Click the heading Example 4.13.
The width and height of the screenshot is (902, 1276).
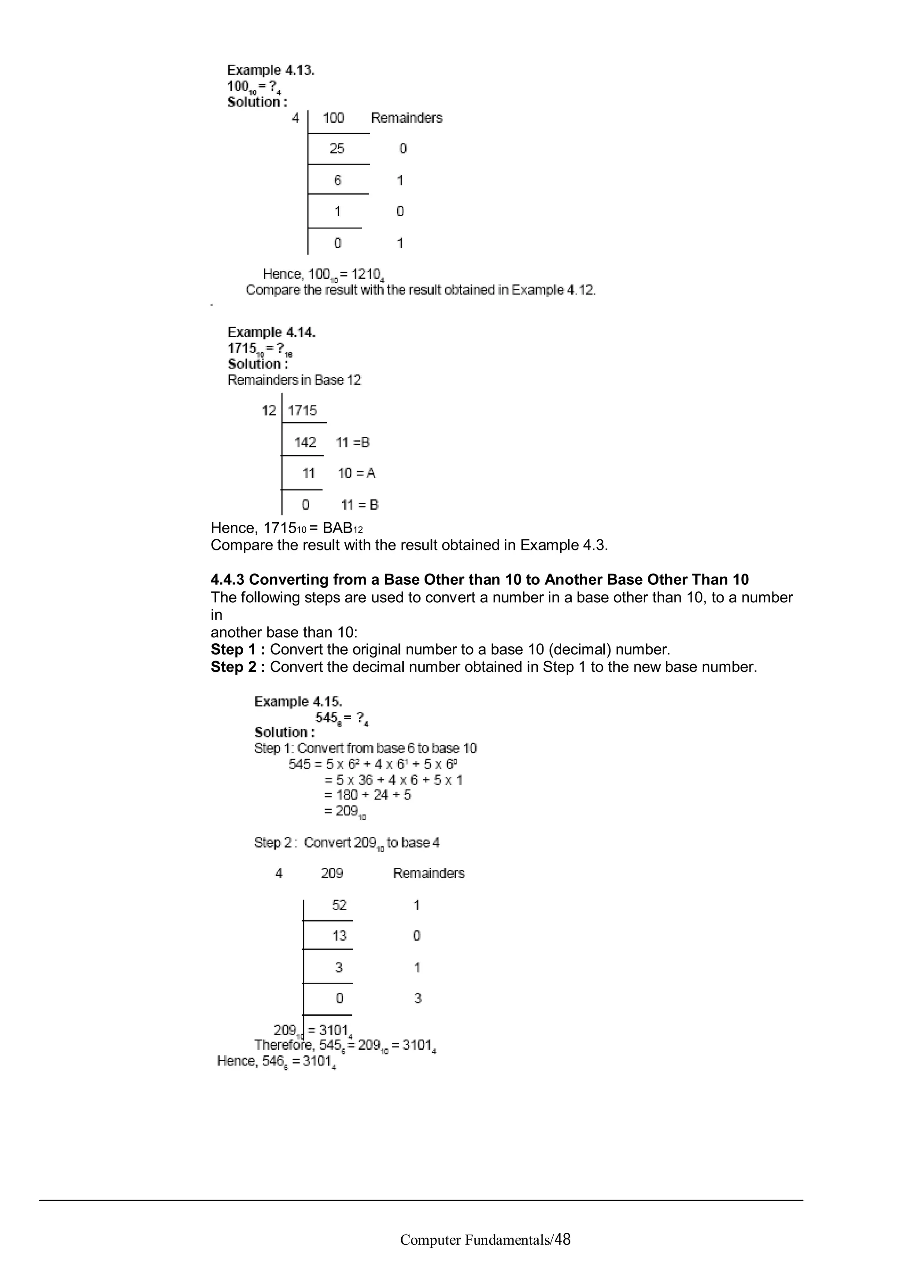point(271,70)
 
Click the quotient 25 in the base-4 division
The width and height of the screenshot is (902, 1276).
point(337,148)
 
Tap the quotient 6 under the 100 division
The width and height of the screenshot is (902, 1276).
point(337,180)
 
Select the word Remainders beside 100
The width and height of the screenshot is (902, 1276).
point(406,118)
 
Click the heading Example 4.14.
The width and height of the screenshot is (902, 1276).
point(271,332)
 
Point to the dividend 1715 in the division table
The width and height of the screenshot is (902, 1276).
point(302,411)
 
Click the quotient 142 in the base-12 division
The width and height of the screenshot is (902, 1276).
point(305,443)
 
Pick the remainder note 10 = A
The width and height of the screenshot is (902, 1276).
point(357,473)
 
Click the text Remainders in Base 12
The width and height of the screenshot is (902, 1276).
point(294,380)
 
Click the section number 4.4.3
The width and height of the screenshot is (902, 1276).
point(227,579)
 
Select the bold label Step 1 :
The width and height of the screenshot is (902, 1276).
point(238,650)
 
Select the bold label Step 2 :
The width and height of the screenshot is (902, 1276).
point(238,667)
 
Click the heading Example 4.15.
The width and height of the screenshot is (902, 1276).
point(298,701)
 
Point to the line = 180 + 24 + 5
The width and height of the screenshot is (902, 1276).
point(367,795)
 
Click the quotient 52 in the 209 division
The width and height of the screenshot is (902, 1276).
point(339,905)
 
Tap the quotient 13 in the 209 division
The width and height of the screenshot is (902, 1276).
point(339,936)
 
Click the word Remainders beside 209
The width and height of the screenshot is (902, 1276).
point(429,873)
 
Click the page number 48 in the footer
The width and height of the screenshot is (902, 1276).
point(562,1239)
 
